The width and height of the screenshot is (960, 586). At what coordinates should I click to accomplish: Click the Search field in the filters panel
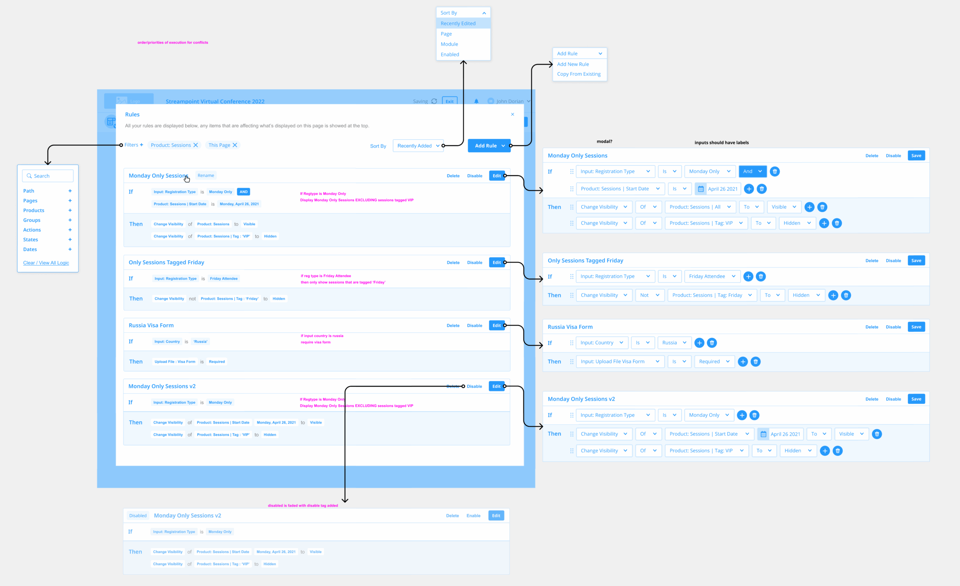(48, 176)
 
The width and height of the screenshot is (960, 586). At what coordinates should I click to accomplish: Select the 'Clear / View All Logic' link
(46, 263)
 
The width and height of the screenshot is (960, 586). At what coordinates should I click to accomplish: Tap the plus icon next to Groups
(70, 220)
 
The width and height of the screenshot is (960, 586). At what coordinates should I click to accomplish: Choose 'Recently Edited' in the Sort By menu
(458, 23)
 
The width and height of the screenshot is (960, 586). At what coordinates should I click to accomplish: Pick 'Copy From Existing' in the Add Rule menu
(579, 74)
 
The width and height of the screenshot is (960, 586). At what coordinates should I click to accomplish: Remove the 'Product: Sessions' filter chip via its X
(196, 145)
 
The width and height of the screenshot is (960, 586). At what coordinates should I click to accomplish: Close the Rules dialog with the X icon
(512, 114)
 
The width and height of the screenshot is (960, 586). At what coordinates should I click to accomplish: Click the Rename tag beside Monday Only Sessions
(206, 176)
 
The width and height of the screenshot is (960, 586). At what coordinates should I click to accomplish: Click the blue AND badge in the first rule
(243, 192)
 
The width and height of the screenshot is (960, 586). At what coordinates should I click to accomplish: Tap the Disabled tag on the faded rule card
(138, 515)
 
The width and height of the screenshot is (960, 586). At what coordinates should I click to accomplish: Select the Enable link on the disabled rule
(473, 515)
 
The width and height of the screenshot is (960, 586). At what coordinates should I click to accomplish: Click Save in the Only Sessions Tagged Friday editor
(916, 260)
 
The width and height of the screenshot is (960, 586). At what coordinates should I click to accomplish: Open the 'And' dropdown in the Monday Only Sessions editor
(752, 171)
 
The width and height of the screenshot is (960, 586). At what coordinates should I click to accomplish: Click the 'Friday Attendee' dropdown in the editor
(712, 276)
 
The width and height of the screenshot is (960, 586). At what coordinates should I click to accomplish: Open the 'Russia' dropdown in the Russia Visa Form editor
(674, 343)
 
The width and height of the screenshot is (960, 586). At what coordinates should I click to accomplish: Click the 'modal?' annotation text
(604, 141)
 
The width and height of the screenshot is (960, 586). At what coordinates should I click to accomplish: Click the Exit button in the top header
(450, 101)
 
